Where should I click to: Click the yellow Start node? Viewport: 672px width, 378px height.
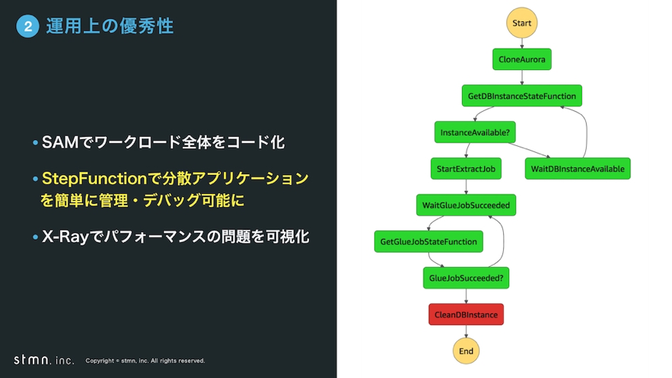tap(522, 23)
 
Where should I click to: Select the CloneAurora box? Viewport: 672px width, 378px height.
tap(521, 59)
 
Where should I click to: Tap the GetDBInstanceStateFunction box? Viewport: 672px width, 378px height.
tap(521, 96)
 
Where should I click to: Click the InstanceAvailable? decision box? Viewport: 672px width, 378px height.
tap(475, 132)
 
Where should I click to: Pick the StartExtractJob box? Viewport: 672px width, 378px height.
tap(466, 169)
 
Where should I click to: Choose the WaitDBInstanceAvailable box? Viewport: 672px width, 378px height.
tap(578, 169)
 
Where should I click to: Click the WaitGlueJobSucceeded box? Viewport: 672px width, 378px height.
tap(466, 205)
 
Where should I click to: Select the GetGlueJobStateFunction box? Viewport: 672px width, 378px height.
tap(428, 242)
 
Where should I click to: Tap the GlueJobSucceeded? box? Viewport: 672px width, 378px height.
tap(466, 278)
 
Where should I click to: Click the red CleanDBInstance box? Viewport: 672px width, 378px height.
tap(466, 314)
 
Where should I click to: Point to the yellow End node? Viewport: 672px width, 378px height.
tap(466, 351)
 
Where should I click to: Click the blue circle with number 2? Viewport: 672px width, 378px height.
tap(27, 27)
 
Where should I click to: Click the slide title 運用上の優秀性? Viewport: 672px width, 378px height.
tap(110, 27)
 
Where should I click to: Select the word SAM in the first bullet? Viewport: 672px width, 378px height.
tap(58, 142)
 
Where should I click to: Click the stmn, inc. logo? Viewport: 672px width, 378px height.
tap(44, 360)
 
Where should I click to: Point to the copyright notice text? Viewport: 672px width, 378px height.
tap(145, 361)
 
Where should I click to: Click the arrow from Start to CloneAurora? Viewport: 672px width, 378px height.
tap(522, 43)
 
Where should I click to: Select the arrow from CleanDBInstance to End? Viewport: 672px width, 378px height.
tap(466, 332)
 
